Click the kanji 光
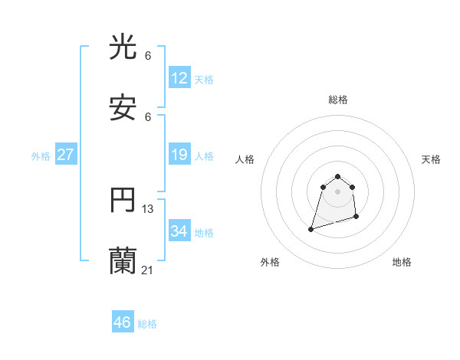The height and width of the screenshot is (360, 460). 123,48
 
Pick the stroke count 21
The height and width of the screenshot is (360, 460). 148,270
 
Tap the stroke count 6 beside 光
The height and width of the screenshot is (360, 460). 148,56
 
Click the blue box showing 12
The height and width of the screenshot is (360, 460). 179,78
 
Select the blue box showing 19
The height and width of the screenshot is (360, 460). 179,155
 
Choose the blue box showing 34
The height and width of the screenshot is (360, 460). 179,231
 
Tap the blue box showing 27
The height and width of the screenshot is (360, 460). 66,155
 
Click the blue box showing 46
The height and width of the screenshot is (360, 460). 123,322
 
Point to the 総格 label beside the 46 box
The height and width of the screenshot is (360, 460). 147,324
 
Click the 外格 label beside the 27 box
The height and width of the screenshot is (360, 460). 41,156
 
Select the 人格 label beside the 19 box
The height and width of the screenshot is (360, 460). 204,156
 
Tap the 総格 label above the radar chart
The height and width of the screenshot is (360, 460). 337,100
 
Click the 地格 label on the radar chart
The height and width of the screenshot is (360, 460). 402,263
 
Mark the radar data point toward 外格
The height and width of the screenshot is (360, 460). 311,228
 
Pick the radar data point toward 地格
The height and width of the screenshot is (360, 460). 356,217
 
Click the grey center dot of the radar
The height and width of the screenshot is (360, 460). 337,191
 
